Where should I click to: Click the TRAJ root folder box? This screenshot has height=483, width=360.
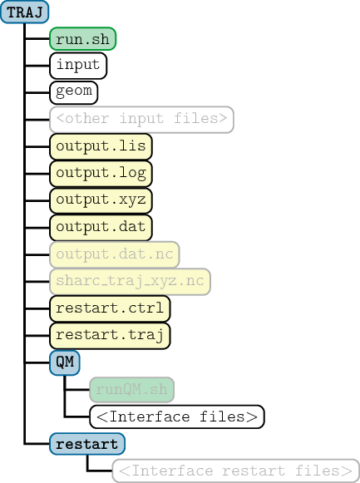pyautogui.click(x=25, y=12)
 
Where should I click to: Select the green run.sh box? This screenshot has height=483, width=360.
pyautogui.click(x=83, y=39)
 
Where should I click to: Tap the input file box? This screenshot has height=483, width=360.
pyautogui.click(x=78, y=66)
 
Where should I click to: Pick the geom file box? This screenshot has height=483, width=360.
pyautogui.click(x=74, y=92)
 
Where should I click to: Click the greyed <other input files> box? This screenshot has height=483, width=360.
pyautogui.click(x=141, y=120)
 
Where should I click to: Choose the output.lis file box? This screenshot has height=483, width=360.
pyautogui.click(x=101, y=146)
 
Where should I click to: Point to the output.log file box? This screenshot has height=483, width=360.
pyautogui.click(x=101, y=174)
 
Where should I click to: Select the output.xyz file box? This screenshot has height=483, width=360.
pyautogui.click(x=101, y=201)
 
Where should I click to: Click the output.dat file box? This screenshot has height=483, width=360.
pyautogui.click(x=101, y=228)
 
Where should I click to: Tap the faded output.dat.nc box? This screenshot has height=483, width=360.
pyautogui.click(x=115, y=254)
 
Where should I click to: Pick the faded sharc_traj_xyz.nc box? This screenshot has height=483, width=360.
pyautogui.click(x=130, y=282)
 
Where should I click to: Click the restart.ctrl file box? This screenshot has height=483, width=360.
pyautogui.click(x=110, y=308)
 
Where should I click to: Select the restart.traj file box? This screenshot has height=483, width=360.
pyautogui.click(x=110, y=336)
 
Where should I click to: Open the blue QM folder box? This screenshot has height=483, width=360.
pyautogui.click(x=65, y=362)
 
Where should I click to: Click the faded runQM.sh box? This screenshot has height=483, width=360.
pyautogui.click(x=132, y=390)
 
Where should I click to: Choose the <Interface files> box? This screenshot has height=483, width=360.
pyautogui.click(x=177, y=416)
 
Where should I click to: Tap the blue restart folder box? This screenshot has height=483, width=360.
pyautogui.click(x=87, y=444)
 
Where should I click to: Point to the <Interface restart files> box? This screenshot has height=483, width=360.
pyautogui.click(x=236, y=471)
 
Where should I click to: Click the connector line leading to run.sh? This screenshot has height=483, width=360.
pyautogui.click(x=37, y=39)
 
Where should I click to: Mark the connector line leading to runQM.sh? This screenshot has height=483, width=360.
pyautogui.click(x=77, y=390)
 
